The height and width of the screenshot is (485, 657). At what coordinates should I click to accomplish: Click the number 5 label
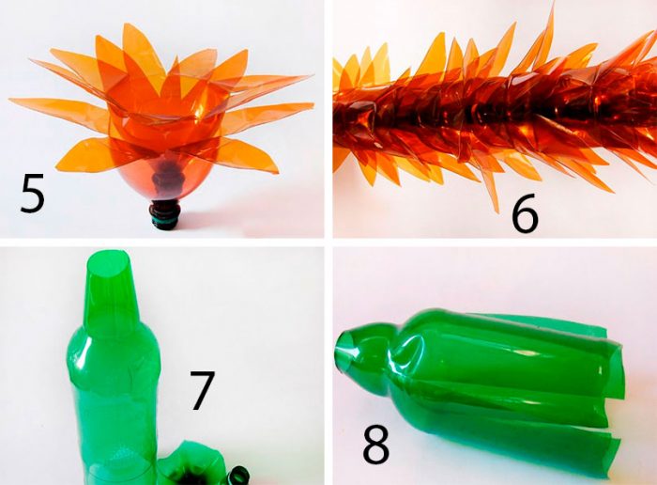click(32, 194)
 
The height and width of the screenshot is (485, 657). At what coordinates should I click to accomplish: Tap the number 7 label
click(202, 390)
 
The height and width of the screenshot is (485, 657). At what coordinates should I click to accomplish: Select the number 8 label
click(375, 444)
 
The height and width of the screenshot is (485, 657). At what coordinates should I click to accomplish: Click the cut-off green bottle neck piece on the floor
click(238, 476)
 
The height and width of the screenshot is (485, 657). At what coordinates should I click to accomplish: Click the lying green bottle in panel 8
click(478, 386)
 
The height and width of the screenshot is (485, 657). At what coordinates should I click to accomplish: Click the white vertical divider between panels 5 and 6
click(328, 118)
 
